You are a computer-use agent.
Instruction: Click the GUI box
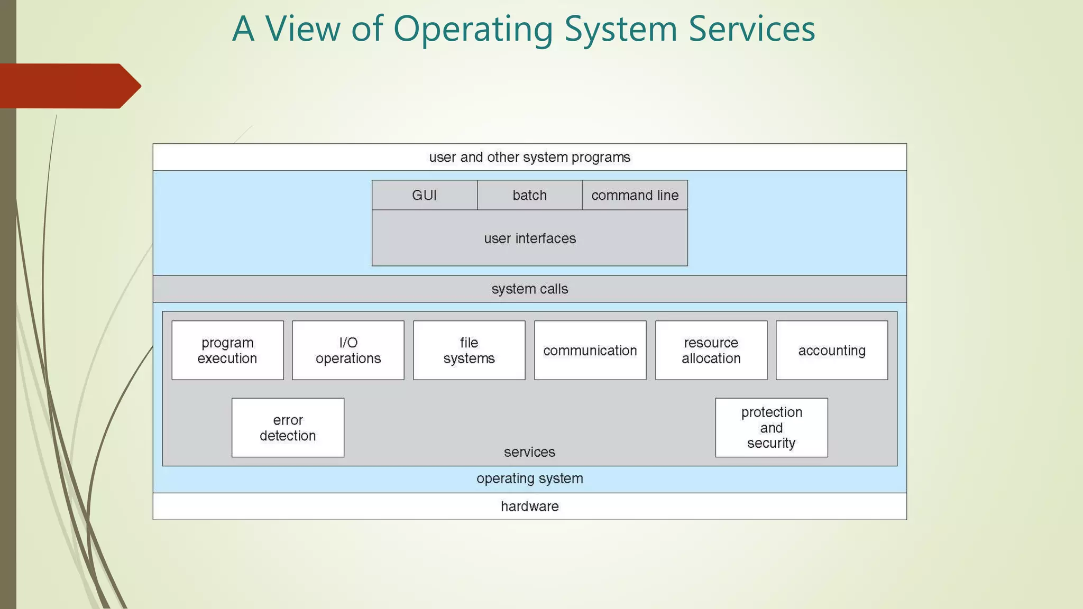(x=424, y=195)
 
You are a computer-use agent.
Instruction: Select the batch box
(x=529, y=195)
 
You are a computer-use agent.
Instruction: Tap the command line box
(x=635, y=195)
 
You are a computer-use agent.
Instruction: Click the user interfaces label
(x=530, y=238)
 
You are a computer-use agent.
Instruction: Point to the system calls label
(x=530, y=289)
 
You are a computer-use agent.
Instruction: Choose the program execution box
(x=227, y=350)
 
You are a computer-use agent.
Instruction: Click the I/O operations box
(x=348, y=350)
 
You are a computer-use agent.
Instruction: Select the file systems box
(x=469, y=350)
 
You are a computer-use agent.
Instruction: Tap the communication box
(x=590, y=350)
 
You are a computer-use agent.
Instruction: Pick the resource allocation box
(x=711, y=350)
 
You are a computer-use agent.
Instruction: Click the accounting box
(x=832, y=350)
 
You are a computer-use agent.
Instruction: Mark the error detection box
(x=288, y=428)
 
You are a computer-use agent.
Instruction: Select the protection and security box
(x=772, y=428)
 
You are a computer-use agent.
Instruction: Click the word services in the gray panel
(x=529, y=452)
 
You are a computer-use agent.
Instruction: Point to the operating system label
(x=530, y=478)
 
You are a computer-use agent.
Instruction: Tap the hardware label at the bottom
(x=530, y=506)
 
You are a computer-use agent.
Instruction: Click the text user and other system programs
(x=530, y=158)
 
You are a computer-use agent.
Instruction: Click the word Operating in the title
(x=473, y=30)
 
